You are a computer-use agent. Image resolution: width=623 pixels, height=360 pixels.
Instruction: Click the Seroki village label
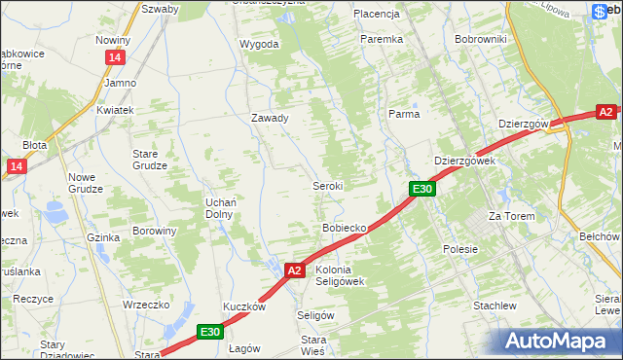tap(327, 185)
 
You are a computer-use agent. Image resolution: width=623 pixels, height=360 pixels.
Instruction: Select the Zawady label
tap(270, 118)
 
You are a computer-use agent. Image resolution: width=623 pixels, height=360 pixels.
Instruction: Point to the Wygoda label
tap(259, 44)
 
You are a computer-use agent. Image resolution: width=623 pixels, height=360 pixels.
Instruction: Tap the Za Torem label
tap(512, 216)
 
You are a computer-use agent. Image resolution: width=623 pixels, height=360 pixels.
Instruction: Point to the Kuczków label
tap(244, 306)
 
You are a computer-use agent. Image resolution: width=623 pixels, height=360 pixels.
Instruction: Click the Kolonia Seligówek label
tap(340, 275)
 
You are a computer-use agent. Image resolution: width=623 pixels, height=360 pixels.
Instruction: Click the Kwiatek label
tap(114, 111)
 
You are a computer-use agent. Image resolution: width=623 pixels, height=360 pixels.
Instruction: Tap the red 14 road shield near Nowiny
tap(116, 59)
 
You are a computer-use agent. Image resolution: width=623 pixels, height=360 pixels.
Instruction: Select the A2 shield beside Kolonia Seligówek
tap(296, 270)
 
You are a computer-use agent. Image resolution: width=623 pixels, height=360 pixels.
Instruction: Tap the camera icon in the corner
tap(600, 13)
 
